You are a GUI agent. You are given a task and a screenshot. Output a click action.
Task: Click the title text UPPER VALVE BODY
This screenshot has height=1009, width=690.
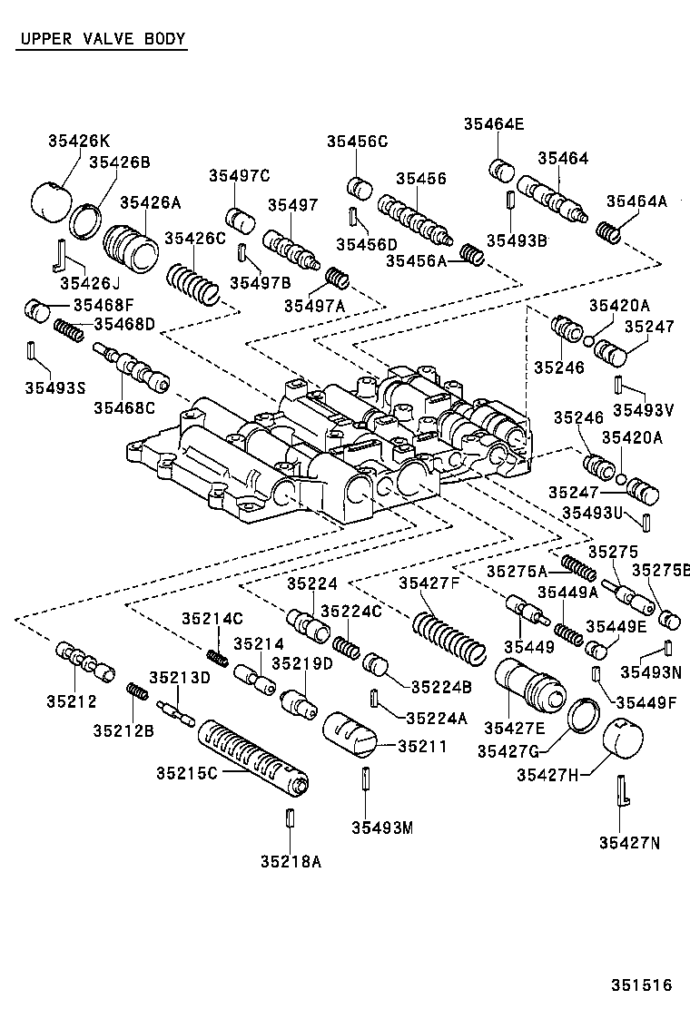101,39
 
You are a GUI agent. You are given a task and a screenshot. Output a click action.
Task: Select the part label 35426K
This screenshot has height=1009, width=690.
78,141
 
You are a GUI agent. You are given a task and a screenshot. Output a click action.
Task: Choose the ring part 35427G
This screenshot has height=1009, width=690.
582,715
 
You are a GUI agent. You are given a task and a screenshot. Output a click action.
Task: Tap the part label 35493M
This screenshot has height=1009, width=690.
382,827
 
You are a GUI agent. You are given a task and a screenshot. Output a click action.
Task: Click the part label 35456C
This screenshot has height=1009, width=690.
358,141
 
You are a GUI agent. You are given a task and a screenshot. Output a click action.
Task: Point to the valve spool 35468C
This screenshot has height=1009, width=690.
132,367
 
